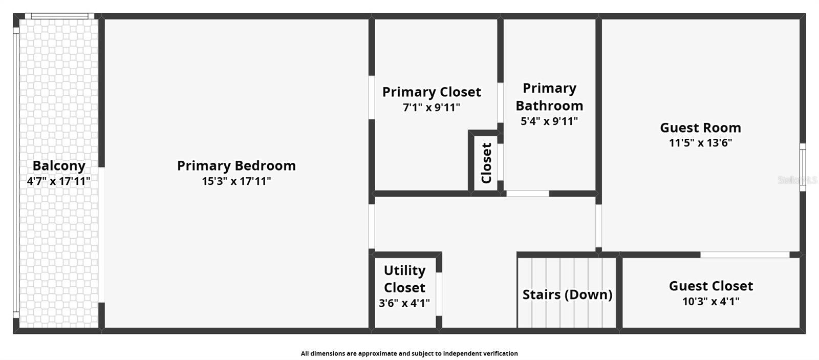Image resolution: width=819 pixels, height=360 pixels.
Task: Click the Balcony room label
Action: point(59,166)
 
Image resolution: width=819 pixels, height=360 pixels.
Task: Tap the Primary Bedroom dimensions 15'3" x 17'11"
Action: point(236,181)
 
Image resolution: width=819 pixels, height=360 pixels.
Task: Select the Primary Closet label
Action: point(432,92)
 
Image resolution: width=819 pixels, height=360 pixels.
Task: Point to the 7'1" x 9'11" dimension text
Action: point(432,108)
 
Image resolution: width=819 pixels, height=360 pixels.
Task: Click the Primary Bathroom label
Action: point(549,97)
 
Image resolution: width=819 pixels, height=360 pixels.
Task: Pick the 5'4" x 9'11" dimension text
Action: point(549,121)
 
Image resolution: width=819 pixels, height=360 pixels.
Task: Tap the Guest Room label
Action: point(701,128)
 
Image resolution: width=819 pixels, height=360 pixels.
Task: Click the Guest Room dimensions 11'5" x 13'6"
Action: point(701,143)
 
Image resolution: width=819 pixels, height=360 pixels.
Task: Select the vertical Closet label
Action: point(486,163)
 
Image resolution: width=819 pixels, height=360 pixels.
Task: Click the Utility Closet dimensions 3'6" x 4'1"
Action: point(404,303)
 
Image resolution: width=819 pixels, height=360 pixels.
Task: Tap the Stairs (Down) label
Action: point(568,294)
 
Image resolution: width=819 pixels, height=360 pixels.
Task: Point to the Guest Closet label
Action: point(711,286)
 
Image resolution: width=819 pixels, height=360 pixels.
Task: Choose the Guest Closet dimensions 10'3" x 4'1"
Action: point(711,302)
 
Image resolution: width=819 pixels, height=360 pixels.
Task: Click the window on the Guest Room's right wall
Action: point(803,167)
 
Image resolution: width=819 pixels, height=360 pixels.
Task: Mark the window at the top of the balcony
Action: point(59,16)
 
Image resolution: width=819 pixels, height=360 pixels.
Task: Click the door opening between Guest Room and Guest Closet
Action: point(745,255)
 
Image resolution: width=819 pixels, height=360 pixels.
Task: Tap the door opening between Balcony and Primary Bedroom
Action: point(101,235)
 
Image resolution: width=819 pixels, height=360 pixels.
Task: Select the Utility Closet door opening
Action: point(439,294)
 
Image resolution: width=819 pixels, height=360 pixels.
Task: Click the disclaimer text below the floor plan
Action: point(409,353)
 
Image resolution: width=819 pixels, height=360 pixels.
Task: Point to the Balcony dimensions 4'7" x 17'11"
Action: point(58,181)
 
